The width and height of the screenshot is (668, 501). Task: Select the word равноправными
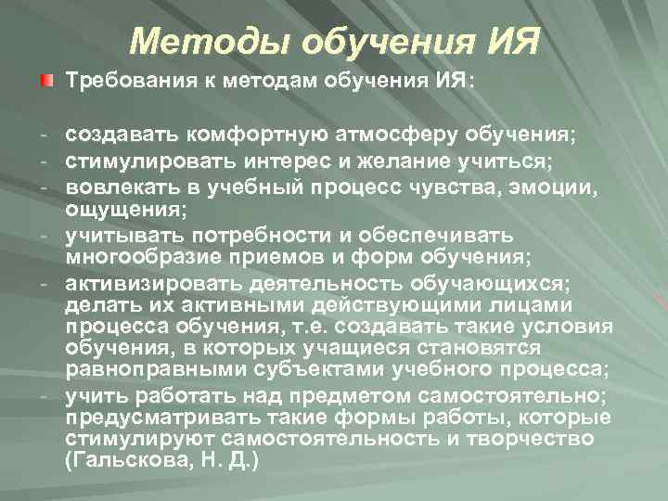(x=152, y=370)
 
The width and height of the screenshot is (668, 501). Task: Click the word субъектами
(x=302, y=370)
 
